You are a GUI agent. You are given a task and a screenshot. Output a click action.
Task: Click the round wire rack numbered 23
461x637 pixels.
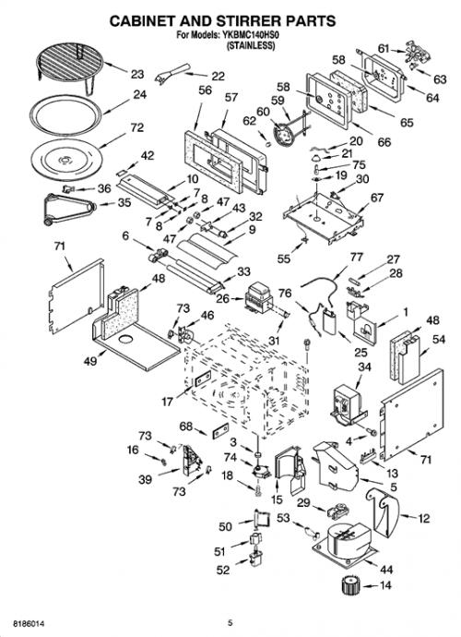(x=69, y=65)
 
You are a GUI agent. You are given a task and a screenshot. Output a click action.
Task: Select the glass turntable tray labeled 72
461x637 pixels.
(x=66, y=159)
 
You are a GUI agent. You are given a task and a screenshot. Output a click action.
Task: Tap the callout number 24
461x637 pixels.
(x=139, y=94)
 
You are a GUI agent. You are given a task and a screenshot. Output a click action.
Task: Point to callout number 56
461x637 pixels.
(x=206, y=90)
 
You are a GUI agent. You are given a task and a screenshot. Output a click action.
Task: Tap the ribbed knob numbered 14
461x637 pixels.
(x=349, y=585)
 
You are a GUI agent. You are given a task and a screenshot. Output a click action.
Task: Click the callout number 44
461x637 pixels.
(x=386, y=570)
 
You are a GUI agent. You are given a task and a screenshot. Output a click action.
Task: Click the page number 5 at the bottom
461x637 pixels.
(x=230, y=622)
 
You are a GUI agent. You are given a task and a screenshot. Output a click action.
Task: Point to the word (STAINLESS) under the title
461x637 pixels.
(x=251, y=45)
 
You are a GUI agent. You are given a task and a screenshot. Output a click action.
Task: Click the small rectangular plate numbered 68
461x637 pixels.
(x=220, y=430)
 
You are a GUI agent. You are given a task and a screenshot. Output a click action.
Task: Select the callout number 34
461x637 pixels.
(x=364, y=367)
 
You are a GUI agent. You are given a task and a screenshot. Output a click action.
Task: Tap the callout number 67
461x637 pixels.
(x=377, y=198)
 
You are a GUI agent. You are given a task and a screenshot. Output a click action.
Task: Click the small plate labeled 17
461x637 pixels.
(x=203, y=379)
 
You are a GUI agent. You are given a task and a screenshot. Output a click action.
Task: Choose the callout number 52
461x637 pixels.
(x=223, y=570)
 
